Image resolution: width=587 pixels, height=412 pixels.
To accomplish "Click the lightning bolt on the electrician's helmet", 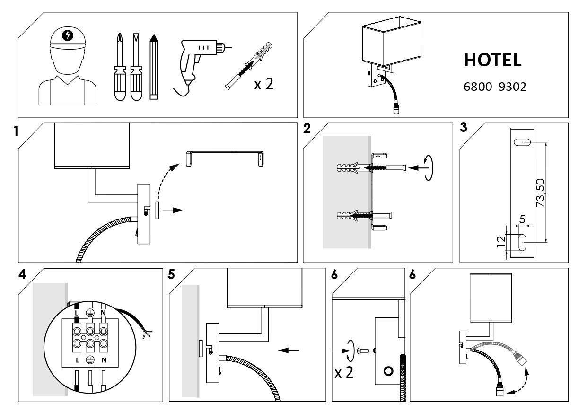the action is (x=68, y=35).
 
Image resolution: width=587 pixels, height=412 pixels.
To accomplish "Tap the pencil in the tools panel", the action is (x=154, y=67).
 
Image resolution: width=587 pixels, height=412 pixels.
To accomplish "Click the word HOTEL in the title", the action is (x=492, y=60).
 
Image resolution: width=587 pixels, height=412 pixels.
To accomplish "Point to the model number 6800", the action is (x=478, y=87).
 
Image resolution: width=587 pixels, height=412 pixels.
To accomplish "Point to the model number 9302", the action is (x=512, y=87).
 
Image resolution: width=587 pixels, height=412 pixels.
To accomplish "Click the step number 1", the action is (x=16, y=131).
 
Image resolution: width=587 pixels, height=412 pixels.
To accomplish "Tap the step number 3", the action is (x=464, y=127).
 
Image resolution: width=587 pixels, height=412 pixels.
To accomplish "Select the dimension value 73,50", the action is (x=540, y=193).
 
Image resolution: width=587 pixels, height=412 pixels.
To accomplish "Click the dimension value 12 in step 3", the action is (x=501, y=242).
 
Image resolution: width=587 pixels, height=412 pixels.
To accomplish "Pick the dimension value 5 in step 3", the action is (x=522, y=219).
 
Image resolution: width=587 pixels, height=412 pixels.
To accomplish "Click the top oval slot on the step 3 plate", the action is (x=522, y=142).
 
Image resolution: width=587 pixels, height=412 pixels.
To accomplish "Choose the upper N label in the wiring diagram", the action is (x=103, y=313).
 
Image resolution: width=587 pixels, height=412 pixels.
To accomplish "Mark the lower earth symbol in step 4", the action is (x=90, y=360).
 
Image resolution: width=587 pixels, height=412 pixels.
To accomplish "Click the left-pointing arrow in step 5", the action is (x=288, y=351).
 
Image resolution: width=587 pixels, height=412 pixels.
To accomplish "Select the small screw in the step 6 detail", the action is (x=363, y=351).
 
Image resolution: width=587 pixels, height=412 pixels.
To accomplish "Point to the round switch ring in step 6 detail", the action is (x=388, y=371).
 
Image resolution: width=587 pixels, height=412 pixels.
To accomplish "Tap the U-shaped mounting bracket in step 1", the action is (x=225, y=158).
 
